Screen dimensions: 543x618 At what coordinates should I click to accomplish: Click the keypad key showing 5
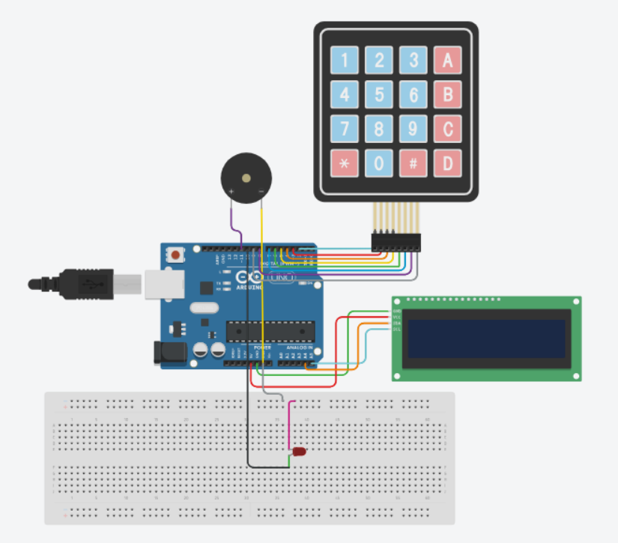(x=379, y=95)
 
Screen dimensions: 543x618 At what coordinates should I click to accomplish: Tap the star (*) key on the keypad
(x=345, y=163)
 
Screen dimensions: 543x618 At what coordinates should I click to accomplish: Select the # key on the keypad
(x=413, y=163)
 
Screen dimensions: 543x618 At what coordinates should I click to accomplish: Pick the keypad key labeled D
(x=448, y=163)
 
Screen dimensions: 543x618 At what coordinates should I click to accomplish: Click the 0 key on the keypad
(x=379, y=163)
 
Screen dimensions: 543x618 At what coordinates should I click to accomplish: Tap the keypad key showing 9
(x=413, y=129)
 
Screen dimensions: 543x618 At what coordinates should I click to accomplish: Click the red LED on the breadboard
(x=300, y=453)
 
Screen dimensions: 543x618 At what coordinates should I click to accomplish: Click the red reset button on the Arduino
(x=176, y=255)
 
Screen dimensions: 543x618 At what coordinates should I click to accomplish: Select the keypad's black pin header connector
(x=396, y=242)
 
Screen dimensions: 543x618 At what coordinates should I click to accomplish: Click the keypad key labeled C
(x=448, y=129)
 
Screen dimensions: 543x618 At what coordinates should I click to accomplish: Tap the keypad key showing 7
(x=345, y=129)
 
